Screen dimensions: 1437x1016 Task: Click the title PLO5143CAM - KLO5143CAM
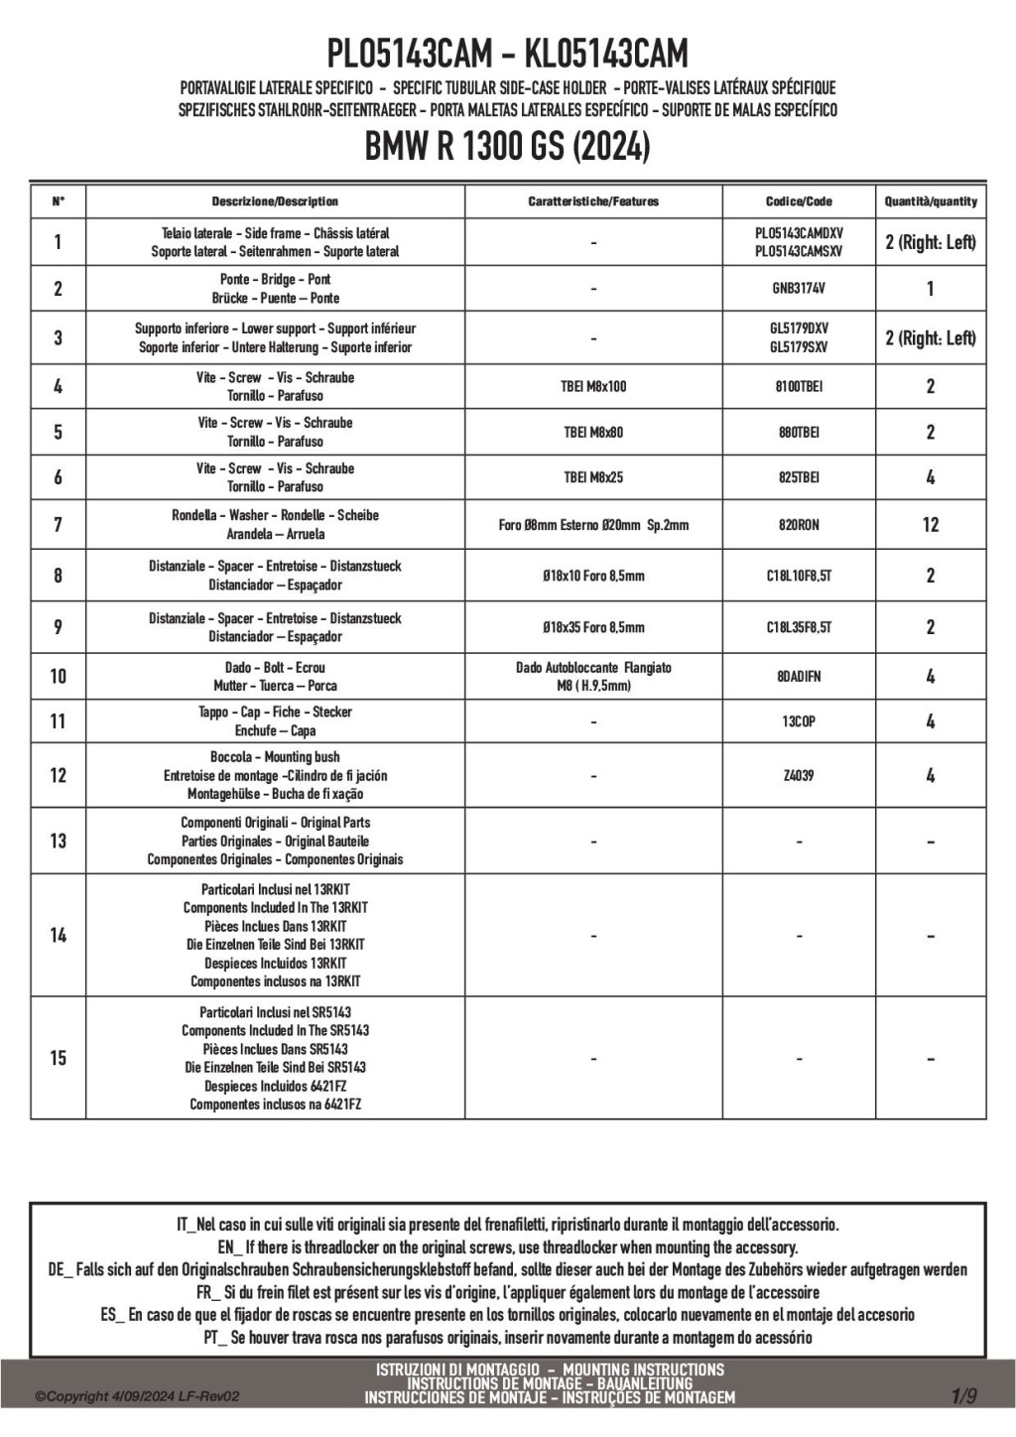click(x=507, y=52)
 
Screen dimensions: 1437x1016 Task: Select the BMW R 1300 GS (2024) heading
click(x=507, y=147)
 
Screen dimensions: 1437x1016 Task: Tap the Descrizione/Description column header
click(x=275, y=201)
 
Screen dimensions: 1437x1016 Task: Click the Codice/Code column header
click(x=799, y=201)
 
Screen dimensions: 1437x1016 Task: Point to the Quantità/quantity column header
click(x=931, y=201)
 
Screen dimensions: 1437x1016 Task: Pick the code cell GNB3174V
click(x=799, y=289)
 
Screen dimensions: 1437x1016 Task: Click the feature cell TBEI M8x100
click(x=594, y=386)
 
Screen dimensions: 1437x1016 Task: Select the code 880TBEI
click(x=799, y=432)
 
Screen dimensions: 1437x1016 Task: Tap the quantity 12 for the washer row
click(x=931, y=524)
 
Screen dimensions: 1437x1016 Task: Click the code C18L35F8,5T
click(x=799, y=627)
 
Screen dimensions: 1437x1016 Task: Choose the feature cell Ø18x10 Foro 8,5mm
click(x=594, y=576)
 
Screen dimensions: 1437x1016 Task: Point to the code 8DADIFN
click(x=799, y=676)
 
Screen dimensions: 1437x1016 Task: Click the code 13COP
click(x=799, y=721)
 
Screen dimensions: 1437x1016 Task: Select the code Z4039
click(x=799, y=775)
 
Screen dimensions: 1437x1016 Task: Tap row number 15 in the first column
click(x=58, y=1058)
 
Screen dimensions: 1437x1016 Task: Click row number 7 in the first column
click(x=58, y=524)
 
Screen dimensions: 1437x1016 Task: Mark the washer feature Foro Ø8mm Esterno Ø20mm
click(x=594, y=524)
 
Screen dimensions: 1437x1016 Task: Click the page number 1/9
click(x=963, y=1396)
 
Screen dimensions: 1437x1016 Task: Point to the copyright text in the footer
click(x=137, y=1396)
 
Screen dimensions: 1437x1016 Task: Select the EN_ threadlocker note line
click(x=507, y=1247)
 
